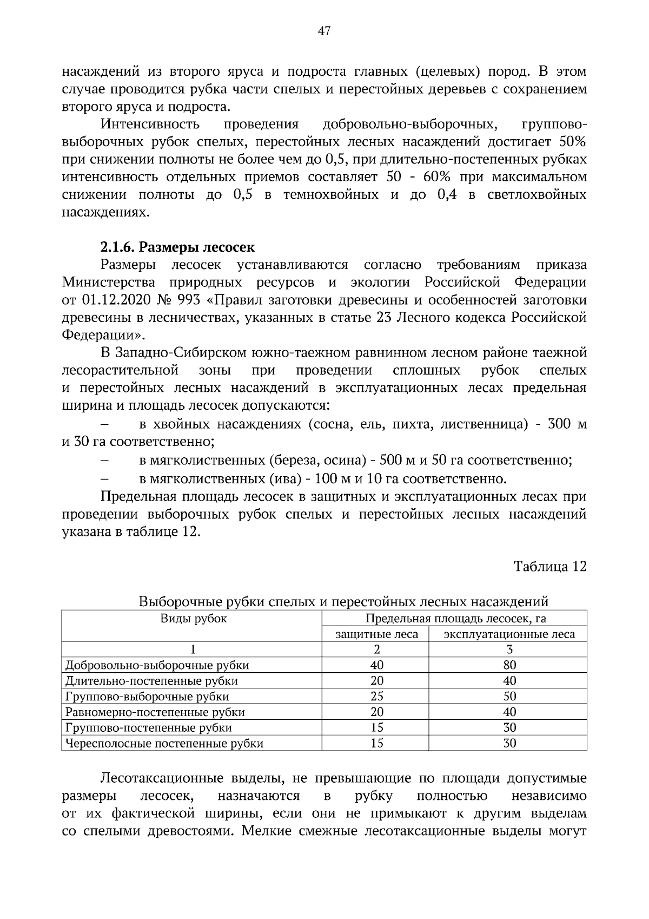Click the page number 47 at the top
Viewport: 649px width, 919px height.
click(x=324, y=31)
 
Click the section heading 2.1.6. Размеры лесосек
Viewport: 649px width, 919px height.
click(x=177, y=247)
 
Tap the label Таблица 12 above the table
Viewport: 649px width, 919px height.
click(x=550, y=566)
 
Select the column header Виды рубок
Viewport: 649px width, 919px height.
click(x=193, y=618)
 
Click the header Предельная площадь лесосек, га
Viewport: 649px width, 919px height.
click(x=455, y=619)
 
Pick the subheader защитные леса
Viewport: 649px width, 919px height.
click(x=377, y=634)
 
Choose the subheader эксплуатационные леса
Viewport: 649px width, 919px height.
click(x=509, y=634)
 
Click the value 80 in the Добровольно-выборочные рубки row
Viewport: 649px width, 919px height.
click(x=509, y=665)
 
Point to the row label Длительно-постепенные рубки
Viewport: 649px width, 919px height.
click(x=151, y=680)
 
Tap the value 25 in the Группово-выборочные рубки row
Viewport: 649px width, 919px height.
click(x=377, y=696)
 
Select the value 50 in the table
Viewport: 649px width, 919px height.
click(x=509, y=696)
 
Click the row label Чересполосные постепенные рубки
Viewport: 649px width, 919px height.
click(x=164, y=743)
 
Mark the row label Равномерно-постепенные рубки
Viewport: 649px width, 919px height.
click(x=155, y=712)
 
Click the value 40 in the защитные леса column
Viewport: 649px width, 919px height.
click(x=377, y=665)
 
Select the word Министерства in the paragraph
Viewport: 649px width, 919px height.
click(x=109, y=283)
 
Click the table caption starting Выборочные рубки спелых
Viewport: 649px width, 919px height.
click(x=344, y=601)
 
